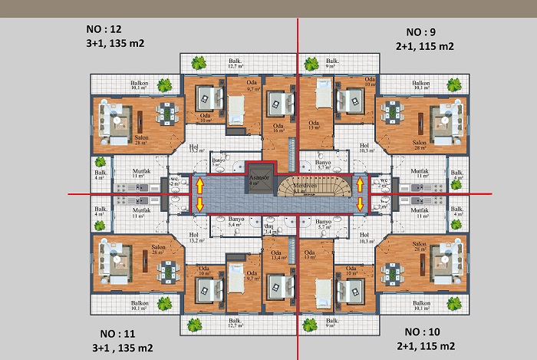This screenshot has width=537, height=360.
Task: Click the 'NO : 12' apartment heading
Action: pos(104,30)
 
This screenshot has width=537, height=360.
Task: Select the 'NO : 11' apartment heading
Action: pos(117,334)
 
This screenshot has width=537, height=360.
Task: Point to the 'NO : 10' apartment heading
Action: pos(421,332)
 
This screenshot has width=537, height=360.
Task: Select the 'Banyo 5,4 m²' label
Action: pos(237,222)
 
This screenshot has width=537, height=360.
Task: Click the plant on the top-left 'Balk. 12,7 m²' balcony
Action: pos(199,63)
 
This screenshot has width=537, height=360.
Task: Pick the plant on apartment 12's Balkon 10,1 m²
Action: pos(163,84)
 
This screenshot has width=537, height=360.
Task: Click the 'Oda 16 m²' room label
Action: pos(278,128)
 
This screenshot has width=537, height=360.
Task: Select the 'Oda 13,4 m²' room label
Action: pos(278,256)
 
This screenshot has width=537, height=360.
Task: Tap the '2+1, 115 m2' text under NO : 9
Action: pos(425,46)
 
